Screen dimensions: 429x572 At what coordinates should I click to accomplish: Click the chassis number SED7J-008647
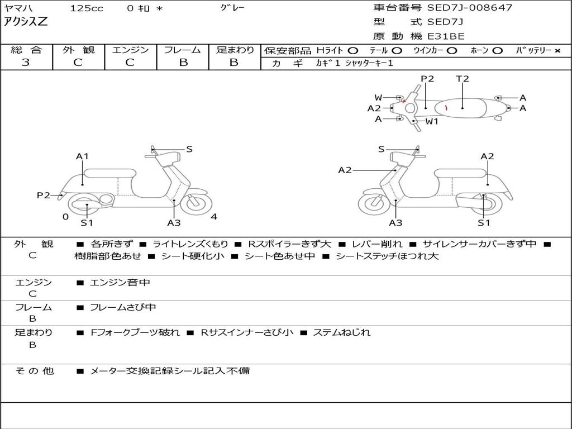(469, 8)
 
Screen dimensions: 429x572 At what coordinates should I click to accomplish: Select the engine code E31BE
(446, 36)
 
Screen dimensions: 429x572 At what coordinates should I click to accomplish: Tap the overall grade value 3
(26, 63)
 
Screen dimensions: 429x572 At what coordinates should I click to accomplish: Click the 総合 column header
(26, 50)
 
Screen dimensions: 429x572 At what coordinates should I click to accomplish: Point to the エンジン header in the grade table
(130, 50)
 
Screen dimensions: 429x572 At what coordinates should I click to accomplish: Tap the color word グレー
(232, 8)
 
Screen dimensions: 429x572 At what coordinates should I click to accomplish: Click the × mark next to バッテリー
(557, 50)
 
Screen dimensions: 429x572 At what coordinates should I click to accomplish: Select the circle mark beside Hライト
(353, 50)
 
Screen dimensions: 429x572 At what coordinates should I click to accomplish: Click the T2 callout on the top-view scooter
(463, 79)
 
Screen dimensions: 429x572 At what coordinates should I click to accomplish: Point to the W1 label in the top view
(432, 121)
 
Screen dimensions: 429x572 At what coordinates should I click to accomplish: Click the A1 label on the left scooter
(82, 156)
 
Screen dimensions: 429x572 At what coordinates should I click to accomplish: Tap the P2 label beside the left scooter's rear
(44, 195)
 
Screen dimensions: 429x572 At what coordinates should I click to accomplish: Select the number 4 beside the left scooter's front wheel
(214, 217)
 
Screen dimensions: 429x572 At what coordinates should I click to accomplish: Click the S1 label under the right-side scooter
(484, 223)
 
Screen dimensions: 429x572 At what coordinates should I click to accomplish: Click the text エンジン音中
(120, 283)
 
